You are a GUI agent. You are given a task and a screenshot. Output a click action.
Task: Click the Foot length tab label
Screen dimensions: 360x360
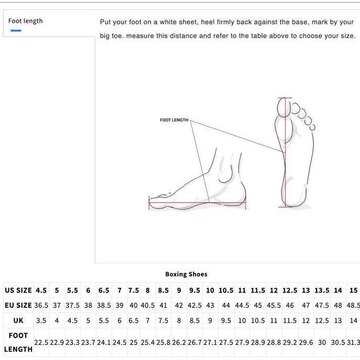pyautogui.click(x=25, y=21)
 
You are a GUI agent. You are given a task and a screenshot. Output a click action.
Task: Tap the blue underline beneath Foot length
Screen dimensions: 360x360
pyautogui.click(x=16, y=31)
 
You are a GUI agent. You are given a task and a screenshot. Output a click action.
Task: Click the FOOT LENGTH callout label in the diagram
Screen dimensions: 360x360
pyautogui.click(x=174, y=120)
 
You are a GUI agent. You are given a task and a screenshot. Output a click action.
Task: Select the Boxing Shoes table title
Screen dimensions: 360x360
pyautogui.click(x=186, y=274)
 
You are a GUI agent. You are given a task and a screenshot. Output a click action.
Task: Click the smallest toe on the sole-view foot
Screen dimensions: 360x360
pyautogui.click(x=312, y=127)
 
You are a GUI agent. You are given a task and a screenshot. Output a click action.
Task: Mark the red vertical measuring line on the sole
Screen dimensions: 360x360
pyautogui.click(x=285, y=157)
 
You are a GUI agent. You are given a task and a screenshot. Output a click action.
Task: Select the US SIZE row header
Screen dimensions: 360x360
pyautogui.click(x=18, y=290)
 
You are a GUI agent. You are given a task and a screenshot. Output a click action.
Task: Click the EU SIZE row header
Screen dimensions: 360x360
pyautogui.click(x=18, y=306)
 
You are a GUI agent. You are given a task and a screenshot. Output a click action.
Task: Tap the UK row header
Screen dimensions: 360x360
pyautogui.click(x=18, y=321)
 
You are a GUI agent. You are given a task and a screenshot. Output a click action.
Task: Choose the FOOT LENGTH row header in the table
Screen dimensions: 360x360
pyautogui.click(x=18, y=342)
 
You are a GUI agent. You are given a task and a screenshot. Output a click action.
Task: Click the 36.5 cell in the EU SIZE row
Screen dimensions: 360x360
pyautogui.click(x=41, y=306)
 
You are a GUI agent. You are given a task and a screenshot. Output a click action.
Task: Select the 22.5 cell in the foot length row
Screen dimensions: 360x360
pyautogui.click(x=41, y=343)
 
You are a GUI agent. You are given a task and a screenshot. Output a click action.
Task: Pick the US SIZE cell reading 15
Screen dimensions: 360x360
pyautogui.click(x=354, y=290)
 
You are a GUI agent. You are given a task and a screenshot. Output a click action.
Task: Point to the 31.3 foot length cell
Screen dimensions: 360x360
pyautogui.click(x=354, y=343)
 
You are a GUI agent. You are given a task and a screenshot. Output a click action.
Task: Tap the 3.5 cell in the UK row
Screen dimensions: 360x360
pyautogui.click(x=41, y=321)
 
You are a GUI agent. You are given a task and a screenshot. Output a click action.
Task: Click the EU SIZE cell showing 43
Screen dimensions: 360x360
pyautogui.click(x=210, y=306)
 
